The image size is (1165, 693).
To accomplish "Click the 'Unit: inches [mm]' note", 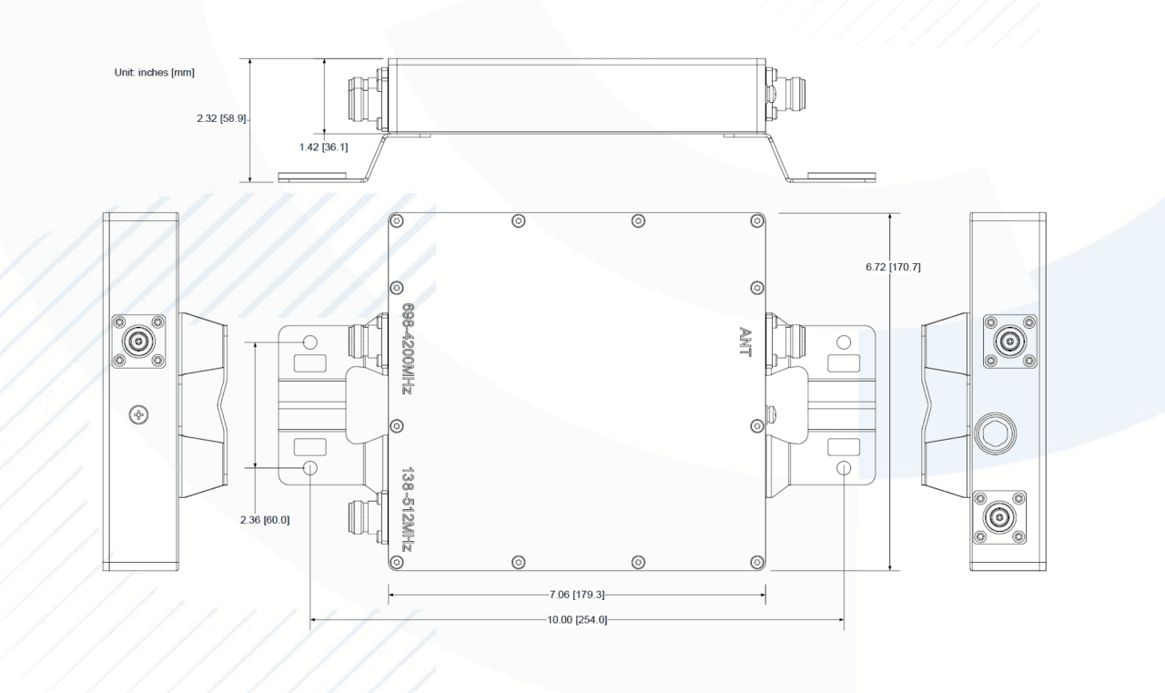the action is tap(155, 72).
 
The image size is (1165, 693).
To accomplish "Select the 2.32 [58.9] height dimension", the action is tap(221, 118).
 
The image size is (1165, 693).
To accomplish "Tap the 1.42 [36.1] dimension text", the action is tap(323, 148).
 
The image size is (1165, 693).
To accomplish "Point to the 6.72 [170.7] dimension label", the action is tap(893, 267).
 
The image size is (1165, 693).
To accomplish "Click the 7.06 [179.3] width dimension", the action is tap(577, 594).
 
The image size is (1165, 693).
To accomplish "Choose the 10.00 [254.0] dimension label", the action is tap(577, 619).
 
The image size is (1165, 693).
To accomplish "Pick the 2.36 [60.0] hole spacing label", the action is tap(265, 520).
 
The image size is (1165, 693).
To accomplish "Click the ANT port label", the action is tap(745, 341).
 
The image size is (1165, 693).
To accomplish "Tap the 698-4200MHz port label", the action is tap(408, 349).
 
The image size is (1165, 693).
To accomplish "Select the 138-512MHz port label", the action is tap(408, 510).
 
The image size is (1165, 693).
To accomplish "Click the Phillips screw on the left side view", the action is tap(138, 414).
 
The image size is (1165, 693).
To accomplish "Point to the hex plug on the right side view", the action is tap(996, 433).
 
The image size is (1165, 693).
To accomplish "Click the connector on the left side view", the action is tap(138, 341).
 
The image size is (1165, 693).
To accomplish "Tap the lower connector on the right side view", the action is tap(999, 517).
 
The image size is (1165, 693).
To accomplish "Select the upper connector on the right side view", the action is tap(1009, 341).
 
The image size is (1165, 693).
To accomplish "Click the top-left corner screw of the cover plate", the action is tap(396, 221).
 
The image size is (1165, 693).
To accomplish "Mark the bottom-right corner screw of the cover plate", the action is tap(757, 562).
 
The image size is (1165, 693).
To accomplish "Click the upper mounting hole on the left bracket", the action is tap(310, 342).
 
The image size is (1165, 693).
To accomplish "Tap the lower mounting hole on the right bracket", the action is tap(844, 468).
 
